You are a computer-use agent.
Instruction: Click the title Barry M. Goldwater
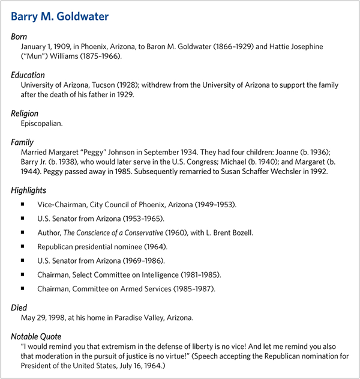coord(60,17)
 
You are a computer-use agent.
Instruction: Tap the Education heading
coord(28,76)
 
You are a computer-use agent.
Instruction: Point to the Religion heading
coord(25,114)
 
